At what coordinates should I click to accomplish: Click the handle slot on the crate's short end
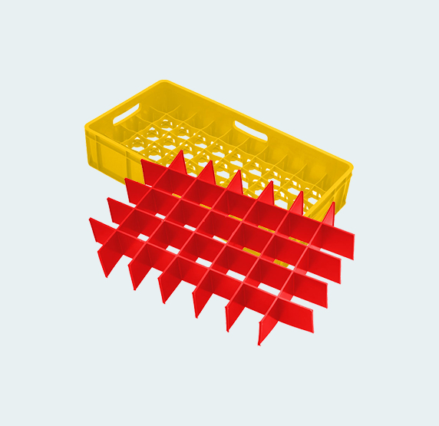[x=127, y=114]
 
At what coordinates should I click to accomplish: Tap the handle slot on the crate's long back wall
[x=250, y=129]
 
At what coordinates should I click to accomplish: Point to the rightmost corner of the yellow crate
[x=351, y=167]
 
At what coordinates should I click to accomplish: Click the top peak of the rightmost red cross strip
[x=333, y=204]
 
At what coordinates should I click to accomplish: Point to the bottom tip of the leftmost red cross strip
[x=104, y=275]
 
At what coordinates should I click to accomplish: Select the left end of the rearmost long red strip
[x=143, y=163]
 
